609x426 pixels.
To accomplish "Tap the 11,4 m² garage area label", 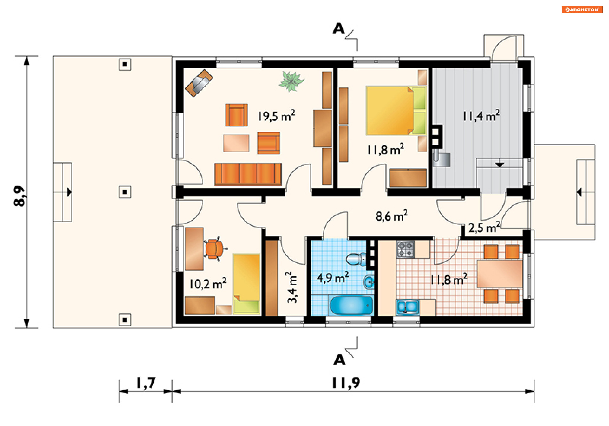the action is tap(481, 116).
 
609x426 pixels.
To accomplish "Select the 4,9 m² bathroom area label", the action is tap(333, 278).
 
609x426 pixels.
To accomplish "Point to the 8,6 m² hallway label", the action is tap(392, 216).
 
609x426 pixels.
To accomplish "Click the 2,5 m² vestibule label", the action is tap(484, 227).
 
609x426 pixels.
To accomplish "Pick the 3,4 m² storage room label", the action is tap(292, 287).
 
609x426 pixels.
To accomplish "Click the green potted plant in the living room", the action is tap(291, 81).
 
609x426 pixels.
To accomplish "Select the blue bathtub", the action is tap(351, 305).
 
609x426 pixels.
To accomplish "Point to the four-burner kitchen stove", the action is tap(405, 249).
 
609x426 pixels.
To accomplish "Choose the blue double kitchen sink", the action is tap(408, 307).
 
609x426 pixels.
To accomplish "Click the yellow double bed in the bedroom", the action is tap(396, 111).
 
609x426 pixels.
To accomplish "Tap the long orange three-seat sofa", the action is tap(248, 174).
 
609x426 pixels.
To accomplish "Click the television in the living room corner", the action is tap(199, 83).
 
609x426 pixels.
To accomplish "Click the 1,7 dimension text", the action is tap(146, 383).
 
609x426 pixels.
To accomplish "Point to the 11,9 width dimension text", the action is tap(346, 383).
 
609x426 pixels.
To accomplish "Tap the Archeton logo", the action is tap(582, 10).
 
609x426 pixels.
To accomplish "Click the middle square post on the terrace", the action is tap(125, 192).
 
